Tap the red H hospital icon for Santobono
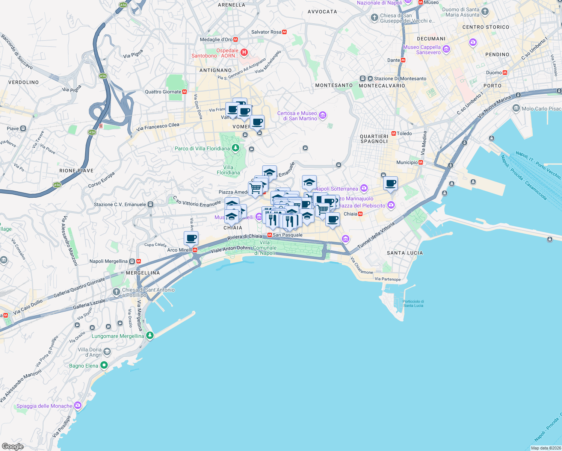pos(244,52)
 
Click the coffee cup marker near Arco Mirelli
pos(191,238)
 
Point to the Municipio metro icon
pos(421,162)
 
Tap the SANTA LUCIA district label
pos(405,253)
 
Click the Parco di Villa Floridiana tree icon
pos(236,148)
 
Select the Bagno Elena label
pos(83,366)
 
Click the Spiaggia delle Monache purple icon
pos(78,405)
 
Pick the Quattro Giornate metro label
pos(163,92)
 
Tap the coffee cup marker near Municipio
pos(391,183)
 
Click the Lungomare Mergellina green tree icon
pos(150,335)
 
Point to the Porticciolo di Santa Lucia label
pos(413,303)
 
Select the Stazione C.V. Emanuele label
pos(120,204)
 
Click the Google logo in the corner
pos(13,446)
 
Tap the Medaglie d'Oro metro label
pos(216,39)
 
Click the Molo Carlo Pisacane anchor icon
pos(516,108)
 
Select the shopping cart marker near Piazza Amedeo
pos(255,188)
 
